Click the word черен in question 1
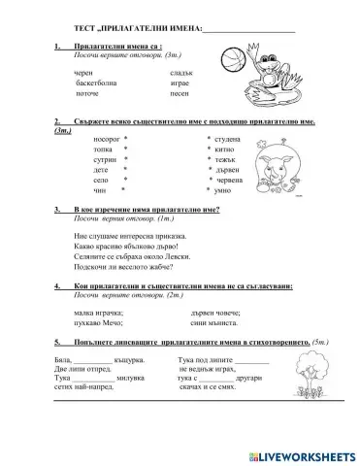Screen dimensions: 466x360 pos(84,73)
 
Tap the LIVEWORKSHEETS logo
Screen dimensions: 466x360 pos(295,454)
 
